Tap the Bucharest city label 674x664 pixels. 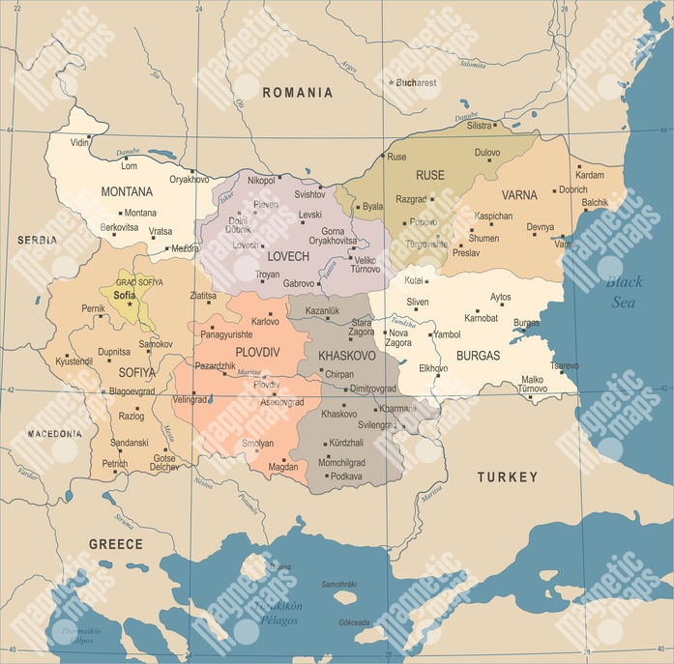(x=416, y=83)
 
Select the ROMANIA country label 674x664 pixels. (x=297, y=93)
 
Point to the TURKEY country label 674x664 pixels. (x=507, y=477)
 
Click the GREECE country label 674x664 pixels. (x=116, y=544)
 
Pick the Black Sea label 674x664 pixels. (x=623, y=292)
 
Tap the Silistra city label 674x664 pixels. (x=480, y=126)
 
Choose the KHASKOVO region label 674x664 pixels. (x=347, y=356)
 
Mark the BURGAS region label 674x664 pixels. (x=479, y=356)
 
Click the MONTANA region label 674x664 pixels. (x=127, y=191)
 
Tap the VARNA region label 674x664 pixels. (x=519, y=194)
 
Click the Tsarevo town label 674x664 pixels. (x=564, y=366)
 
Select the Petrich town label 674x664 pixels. (x=115, y=464)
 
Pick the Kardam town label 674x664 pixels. (x=589, y=175)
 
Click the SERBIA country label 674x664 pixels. (x=37, y=240)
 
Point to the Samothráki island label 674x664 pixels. (x=338, y=584)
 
